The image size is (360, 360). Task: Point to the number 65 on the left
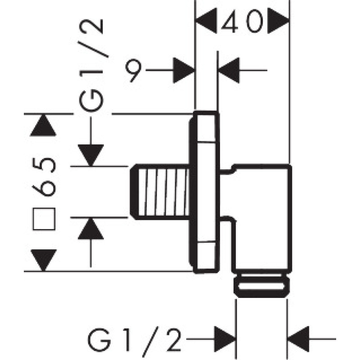[x=46, y=177]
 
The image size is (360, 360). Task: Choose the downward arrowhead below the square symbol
[x=43, y=260]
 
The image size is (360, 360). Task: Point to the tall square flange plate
[x=207, y=191]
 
